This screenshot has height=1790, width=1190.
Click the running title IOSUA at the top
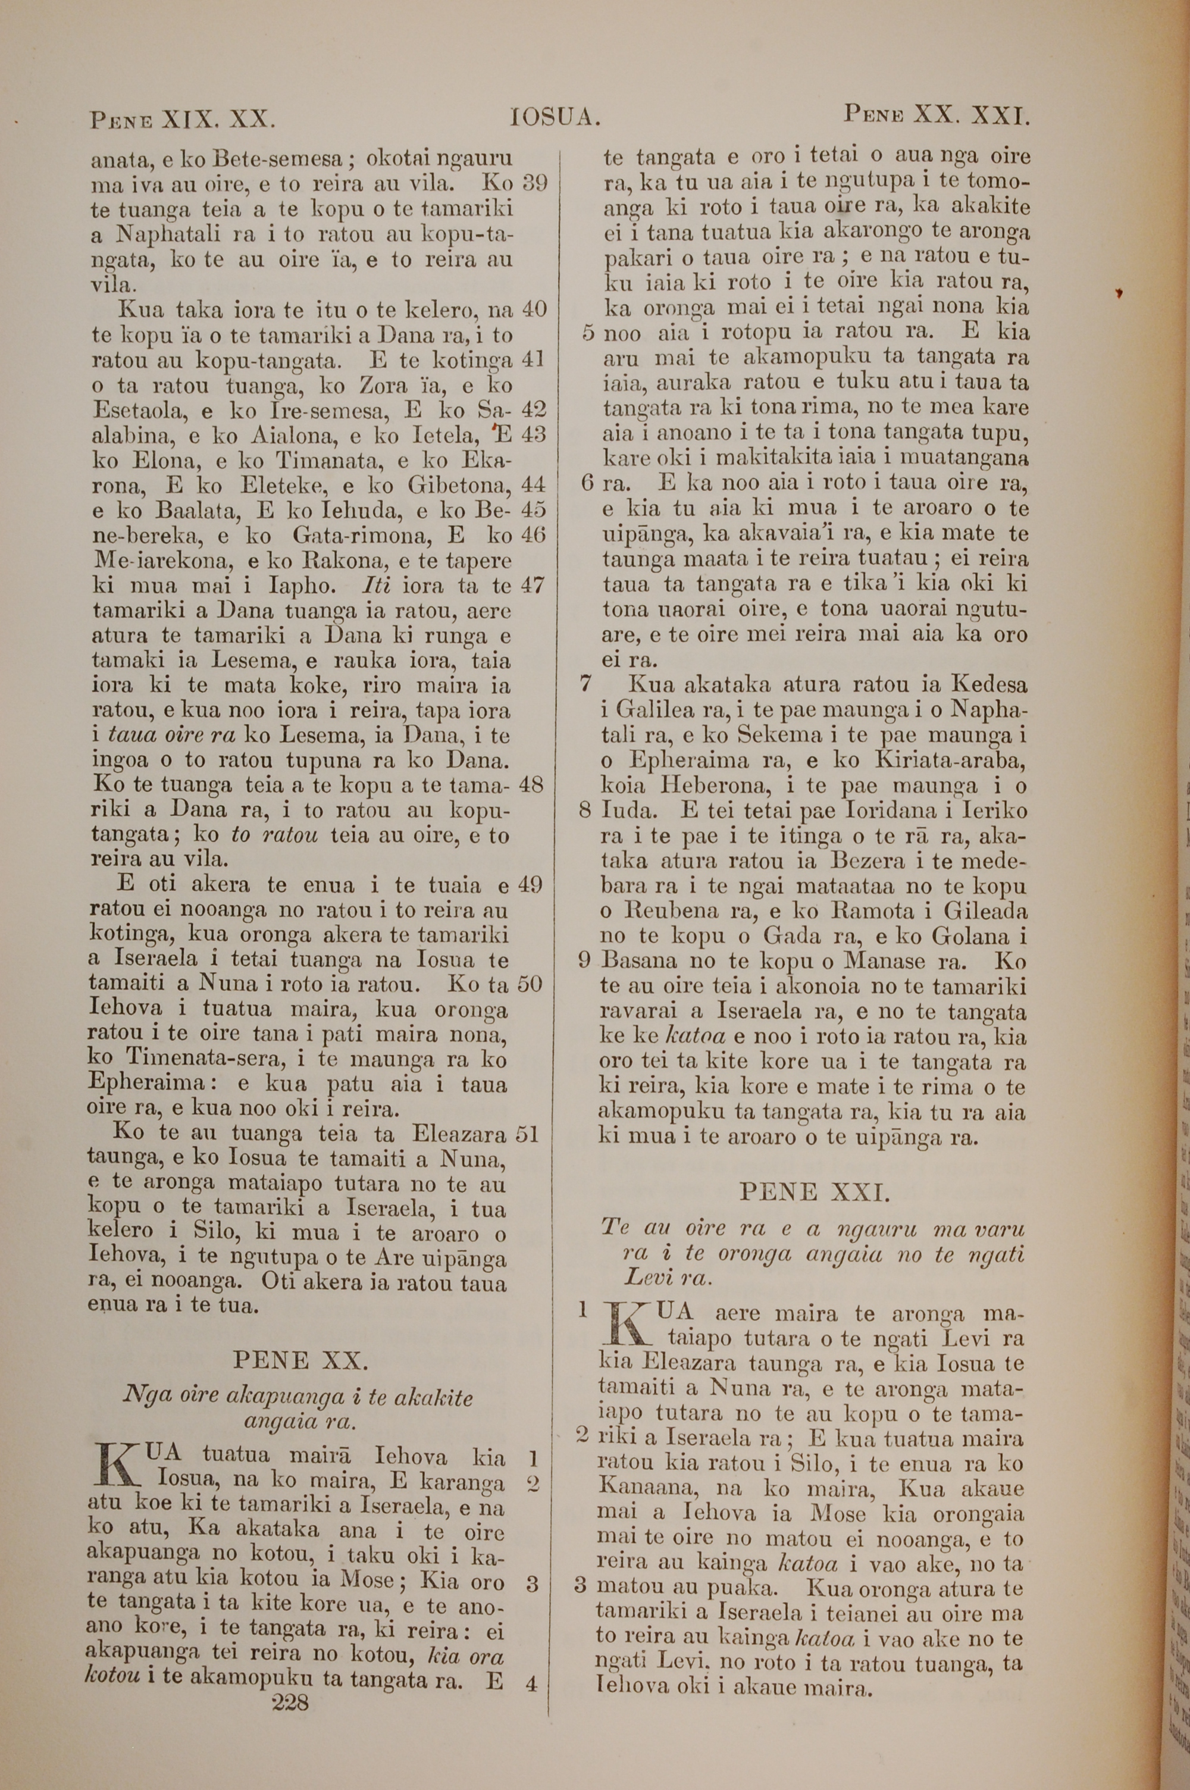click(x=556, y=118)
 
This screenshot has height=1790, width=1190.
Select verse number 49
click(x=530, y=885)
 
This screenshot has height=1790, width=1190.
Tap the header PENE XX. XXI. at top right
click(x=936, y=116)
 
